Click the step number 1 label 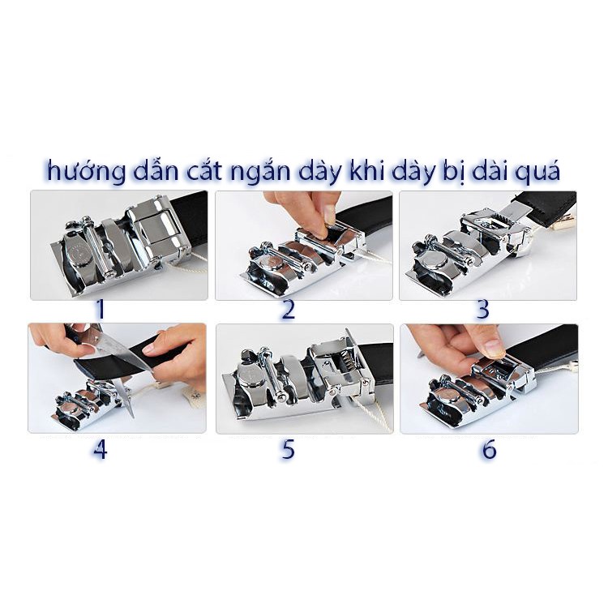101,310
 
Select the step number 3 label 482,310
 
